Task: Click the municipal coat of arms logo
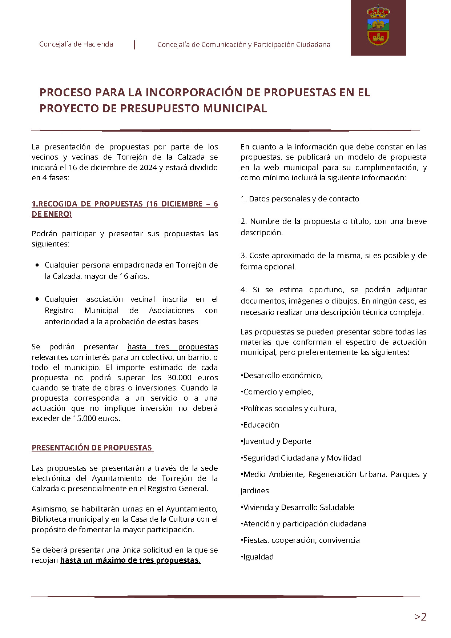tap(378, 25)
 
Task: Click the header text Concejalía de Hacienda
tap(76, 44)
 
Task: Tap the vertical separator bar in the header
tap(135, 45)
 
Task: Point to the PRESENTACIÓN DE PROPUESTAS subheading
tap(92, 448)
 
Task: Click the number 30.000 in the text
tap(179, 378)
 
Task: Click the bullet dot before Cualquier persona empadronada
tap(37, 265)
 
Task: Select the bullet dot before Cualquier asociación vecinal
tap(37, 299)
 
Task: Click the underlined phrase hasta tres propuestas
tap(172, 347)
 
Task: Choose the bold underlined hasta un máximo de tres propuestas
tap(130, 560)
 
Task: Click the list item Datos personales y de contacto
tap(300, 199)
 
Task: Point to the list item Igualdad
tap(258, 557)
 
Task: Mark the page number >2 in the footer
tap(420, 617)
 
